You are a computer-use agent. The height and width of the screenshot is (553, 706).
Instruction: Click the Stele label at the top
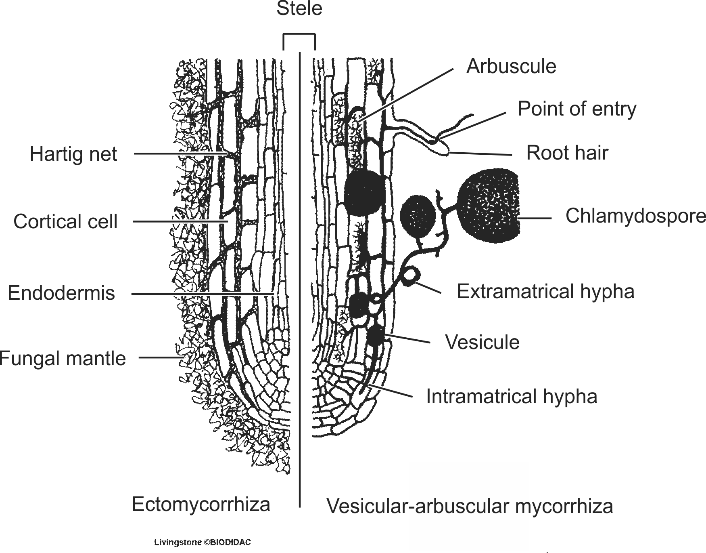point(299,9)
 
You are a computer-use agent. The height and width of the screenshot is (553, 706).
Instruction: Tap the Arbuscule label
point(511,66)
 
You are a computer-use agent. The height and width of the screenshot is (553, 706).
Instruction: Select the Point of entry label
point(577,109)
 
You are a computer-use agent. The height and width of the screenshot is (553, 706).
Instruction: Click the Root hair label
point(567,153)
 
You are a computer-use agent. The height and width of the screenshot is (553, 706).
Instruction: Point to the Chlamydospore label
point(635,216)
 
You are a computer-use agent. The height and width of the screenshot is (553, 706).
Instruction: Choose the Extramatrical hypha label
point(545,291)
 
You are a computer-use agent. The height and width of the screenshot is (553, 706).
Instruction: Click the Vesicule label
point(482,342)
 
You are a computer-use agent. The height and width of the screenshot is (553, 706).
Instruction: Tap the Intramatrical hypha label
point(512,397)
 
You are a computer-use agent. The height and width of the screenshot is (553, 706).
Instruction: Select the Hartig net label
point(73,154)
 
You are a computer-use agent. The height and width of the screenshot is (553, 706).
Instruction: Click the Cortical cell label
point(65,222)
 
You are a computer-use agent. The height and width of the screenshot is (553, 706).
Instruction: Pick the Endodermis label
point(61,293)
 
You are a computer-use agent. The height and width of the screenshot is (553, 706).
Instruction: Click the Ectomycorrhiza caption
point(201,505)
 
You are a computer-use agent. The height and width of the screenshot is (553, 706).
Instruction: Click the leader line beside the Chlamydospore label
point(535,218)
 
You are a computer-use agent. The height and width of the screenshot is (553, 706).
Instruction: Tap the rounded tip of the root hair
point(444,151)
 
